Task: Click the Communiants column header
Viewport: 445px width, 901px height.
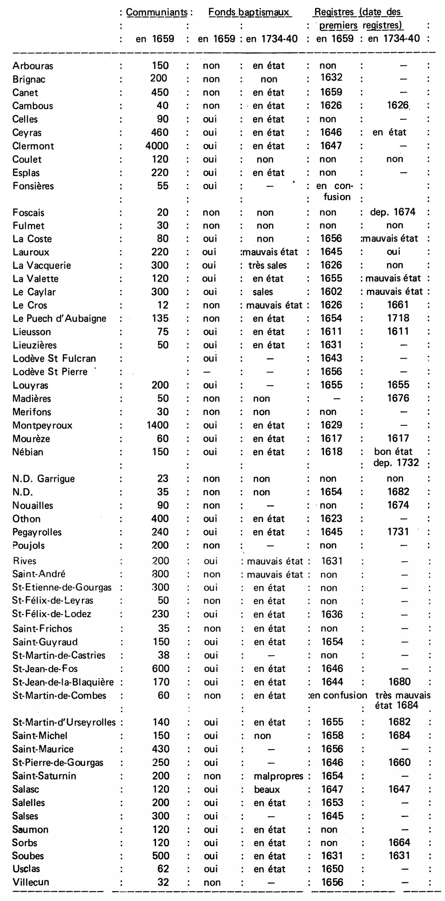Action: point(157,12)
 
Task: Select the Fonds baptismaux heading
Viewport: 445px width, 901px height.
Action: point(250,12)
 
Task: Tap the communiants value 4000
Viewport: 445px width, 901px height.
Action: point(157,146)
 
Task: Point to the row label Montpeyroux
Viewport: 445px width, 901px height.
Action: point(42,425)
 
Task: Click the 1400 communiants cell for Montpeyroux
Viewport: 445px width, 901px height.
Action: point(158,425)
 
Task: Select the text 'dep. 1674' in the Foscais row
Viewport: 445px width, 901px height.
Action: point(392,212)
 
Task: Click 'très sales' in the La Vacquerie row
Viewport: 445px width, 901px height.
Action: point(267,265)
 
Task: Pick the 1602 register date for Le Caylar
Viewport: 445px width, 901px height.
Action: point(332,292)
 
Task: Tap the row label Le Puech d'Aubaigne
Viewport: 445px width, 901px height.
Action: point(59,318)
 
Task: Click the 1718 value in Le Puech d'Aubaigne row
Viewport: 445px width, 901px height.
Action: point(398,318)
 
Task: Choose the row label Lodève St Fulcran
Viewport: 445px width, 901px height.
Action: point(54,359)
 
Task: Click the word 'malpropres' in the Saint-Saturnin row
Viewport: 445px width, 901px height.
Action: point(278,776)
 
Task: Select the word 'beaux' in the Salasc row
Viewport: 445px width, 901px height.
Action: point(267,789)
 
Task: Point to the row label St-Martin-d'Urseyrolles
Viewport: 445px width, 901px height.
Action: point(64,722)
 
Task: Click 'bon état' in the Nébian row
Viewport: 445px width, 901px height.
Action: point(393,452)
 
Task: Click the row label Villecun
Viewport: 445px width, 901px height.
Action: point(31,882)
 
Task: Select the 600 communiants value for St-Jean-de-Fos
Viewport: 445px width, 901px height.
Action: point(161,669)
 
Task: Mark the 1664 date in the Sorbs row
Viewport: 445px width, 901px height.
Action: point(399,843)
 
